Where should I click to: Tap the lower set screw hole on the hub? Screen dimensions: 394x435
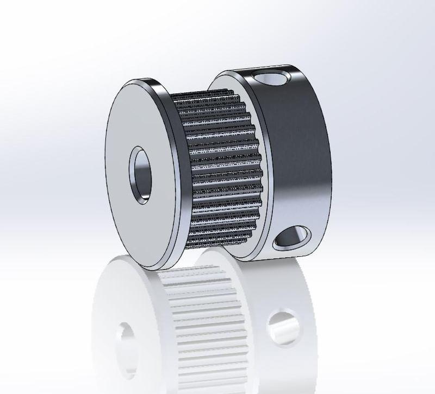tap(291, 239)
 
